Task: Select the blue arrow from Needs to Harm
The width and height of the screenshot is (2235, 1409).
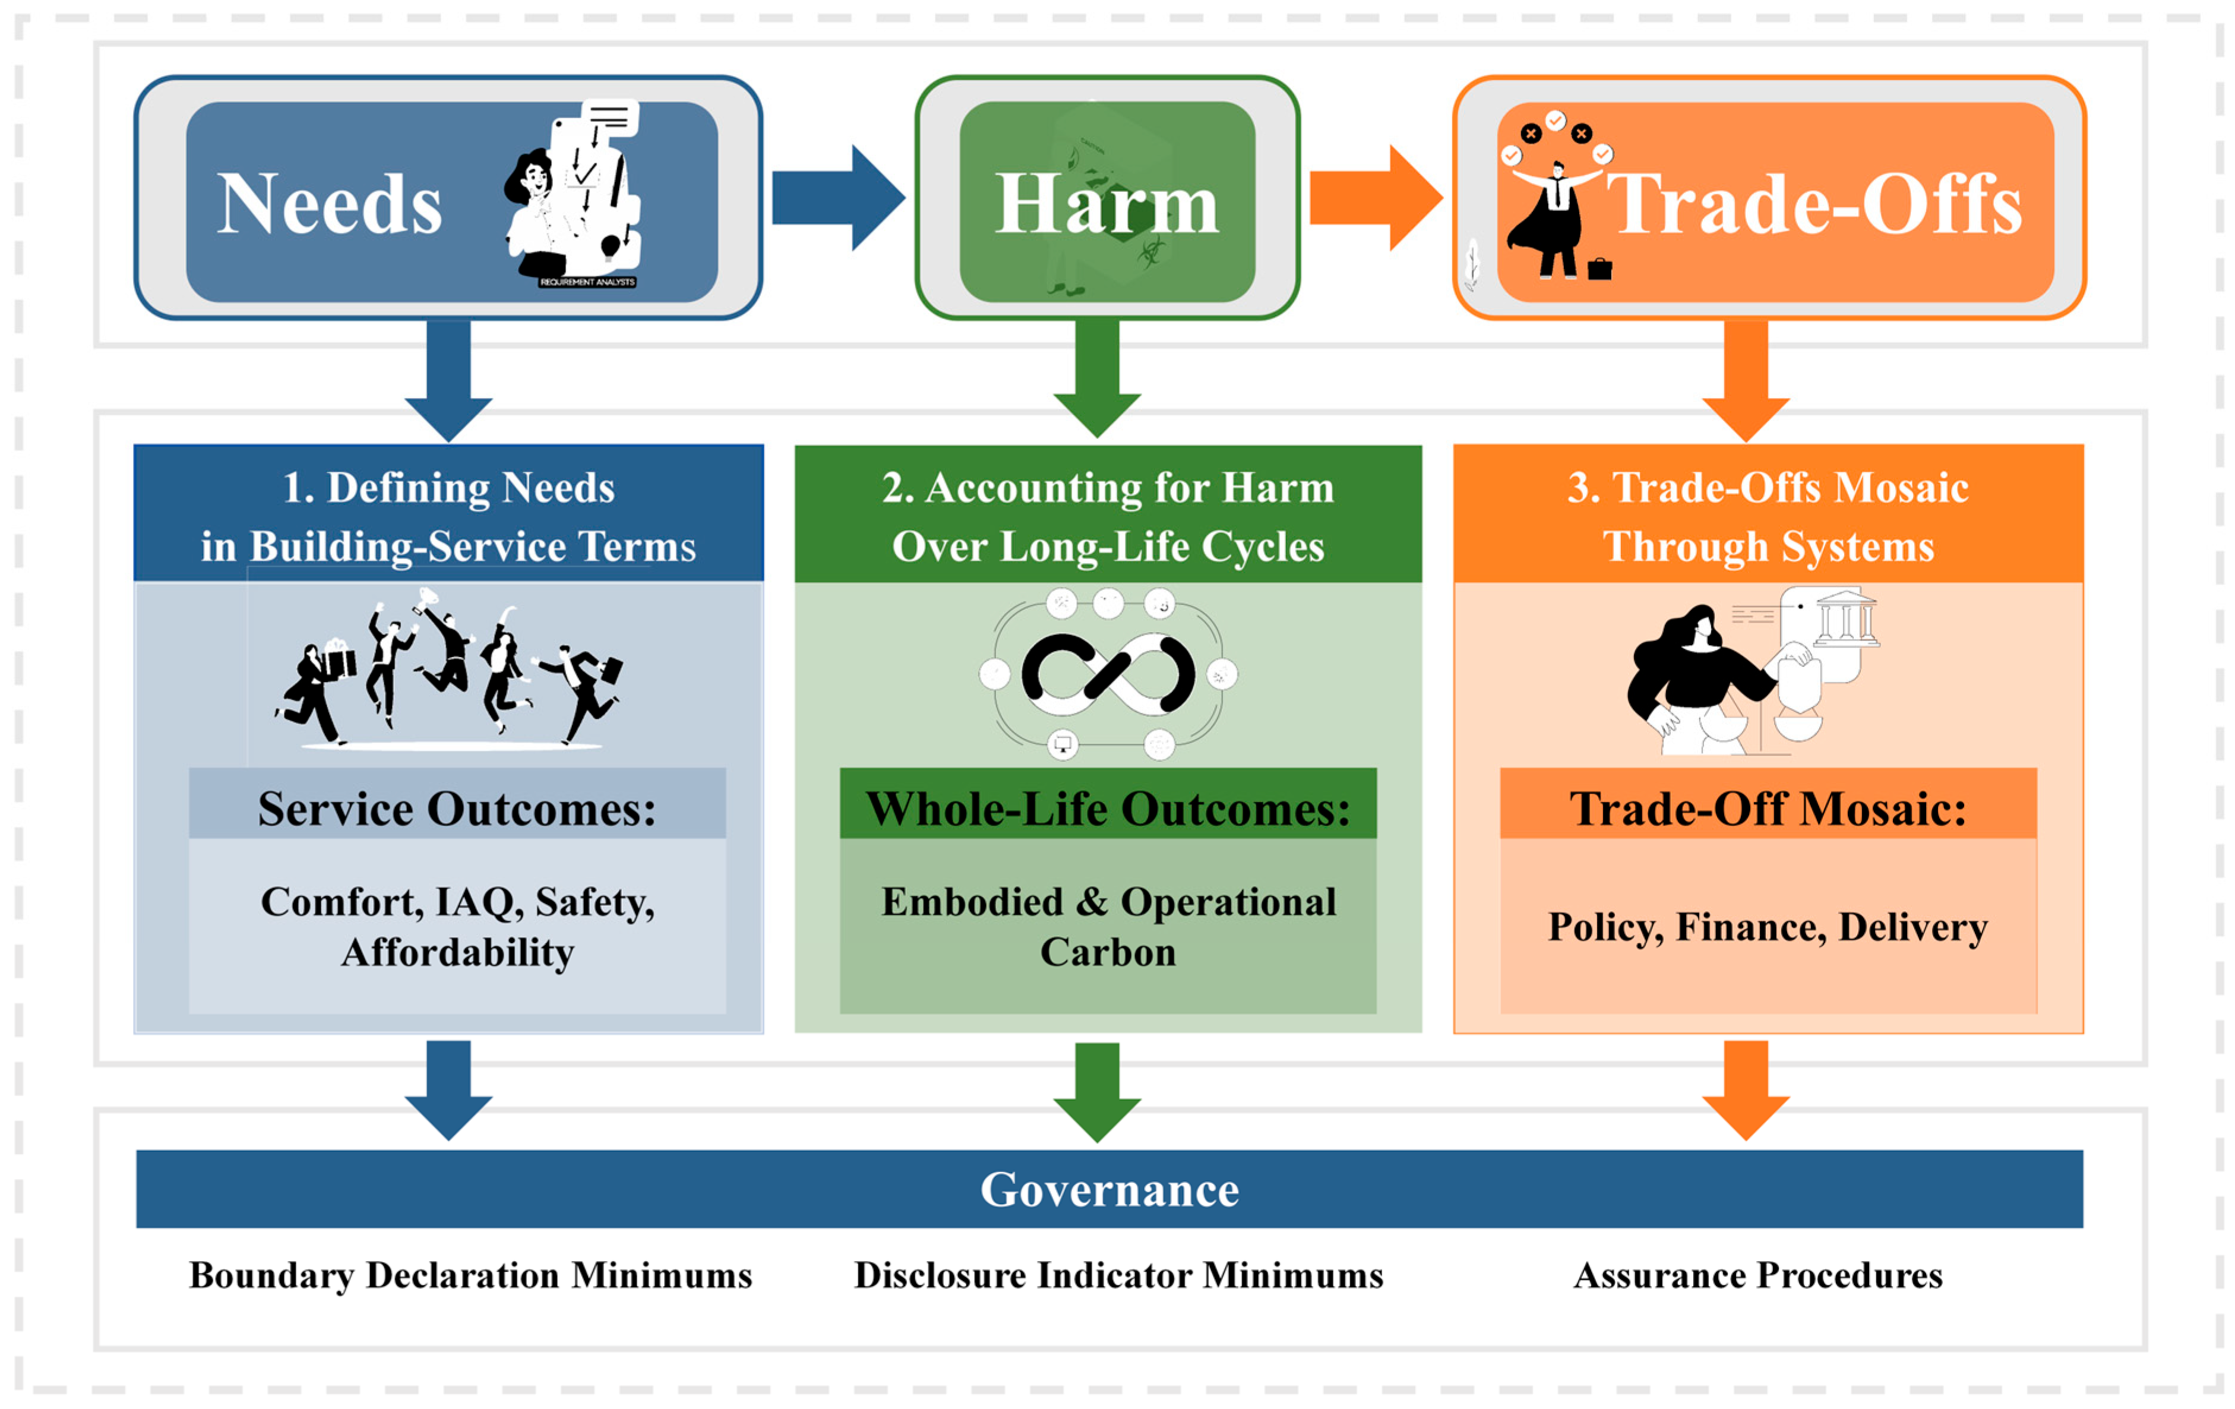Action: click(x=837, y=198)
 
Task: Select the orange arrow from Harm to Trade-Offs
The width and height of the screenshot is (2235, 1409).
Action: click(x=1374, y=198)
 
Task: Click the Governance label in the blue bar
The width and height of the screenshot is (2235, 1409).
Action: click(x=1109, y=1189)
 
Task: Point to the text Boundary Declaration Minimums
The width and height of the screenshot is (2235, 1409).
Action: click(x=470, y=1275)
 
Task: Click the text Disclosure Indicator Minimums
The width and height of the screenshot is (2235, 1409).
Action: click(x=1118, y=1275)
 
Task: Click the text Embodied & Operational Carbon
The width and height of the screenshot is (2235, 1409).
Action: click(x=1108, y=926)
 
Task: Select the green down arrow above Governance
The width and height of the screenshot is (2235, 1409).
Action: click(x=1097, y=1091)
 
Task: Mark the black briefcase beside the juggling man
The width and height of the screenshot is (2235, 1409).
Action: click(x=1599, y=269)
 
